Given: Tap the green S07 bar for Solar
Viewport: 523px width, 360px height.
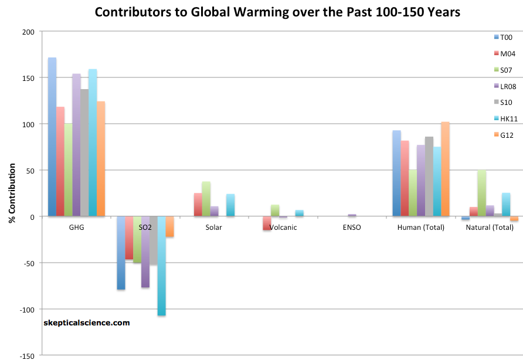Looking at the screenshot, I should [206, 199].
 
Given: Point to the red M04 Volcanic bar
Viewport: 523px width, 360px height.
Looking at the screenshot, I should [267, 223].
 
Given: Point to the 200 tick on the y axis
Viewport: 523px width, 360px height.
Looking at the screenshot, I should [28, 32].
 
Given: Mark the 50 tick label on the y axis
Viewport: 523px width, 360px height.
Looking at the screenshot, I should [30, 171].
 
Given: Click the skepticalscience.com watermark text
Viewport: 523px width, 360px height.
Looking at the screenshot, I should [87, 322].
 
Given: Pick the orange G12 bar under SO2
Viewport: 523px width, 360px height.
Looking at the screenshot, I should [169, 226].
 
